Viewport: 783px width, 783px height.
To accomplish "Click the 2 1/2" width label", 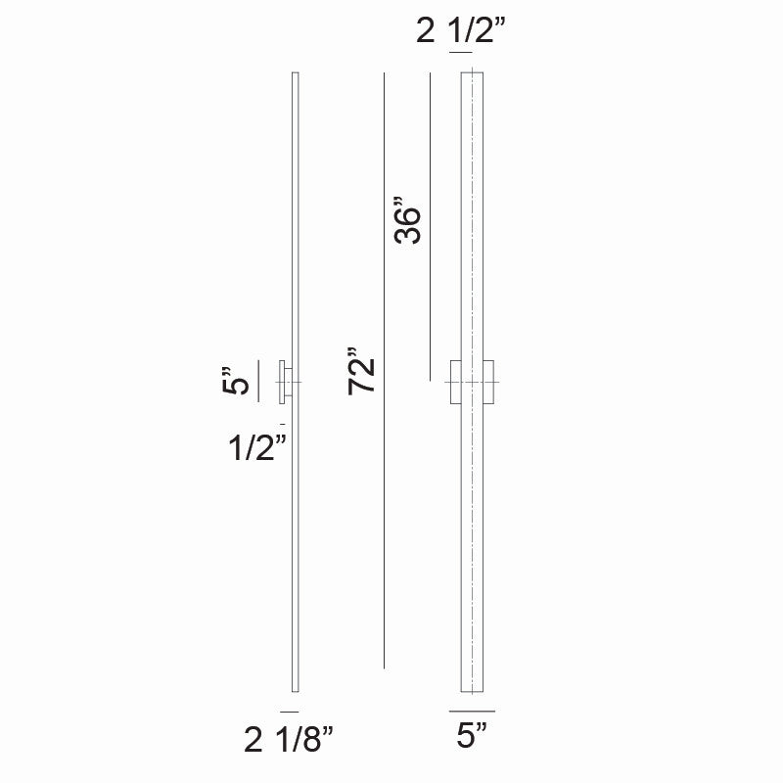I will (464, 32).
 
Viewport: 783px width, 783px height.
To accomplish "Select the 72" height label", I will (362, 370).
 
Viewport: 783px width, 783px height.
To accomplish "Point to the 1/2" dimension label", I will (256, 447).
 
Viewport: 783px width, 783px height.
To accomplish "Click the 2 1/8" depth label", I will (289, 739).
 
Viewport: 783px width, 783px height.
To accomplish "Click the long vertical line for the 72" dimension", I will (385, 489).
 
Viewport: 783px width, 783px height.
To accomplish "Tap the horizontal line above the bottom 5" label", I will (472, 710).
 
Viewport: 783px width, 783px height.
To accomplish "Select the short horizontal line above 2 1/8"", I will (289, 710).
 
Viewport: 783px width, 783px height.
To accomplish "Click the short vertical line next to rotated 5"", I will (258, 381).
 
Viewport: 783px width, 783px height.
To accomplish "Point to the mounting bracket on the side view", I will (285, 381).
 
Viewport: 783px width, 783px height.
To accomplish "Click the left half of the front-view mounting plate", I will (455, 381).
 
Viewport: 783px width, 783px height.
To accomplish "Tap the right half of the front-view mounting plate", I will (490, 381).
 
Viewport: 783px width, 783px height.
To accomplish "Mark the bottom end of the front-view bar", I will (472, 687).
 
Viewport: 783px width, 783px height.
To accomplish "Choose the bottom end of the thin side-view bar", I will (296, 687).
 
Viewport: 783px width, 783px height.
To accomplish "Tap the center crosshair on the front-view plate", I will (473, 381).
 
